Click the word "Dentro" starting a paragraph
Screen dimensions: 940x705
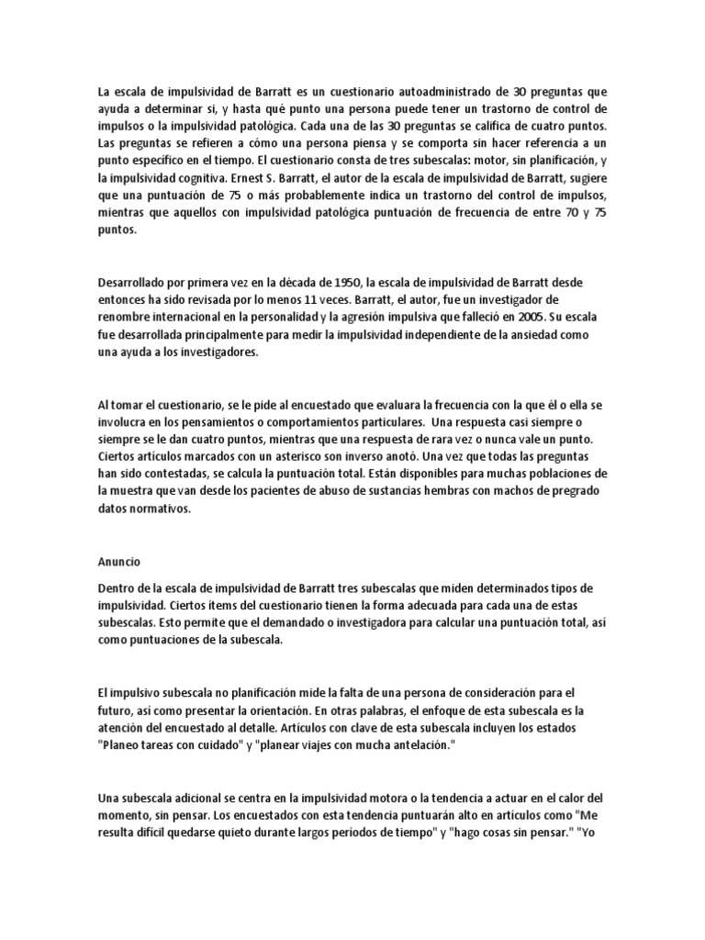pyautogui.click(x=117, y=587)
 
